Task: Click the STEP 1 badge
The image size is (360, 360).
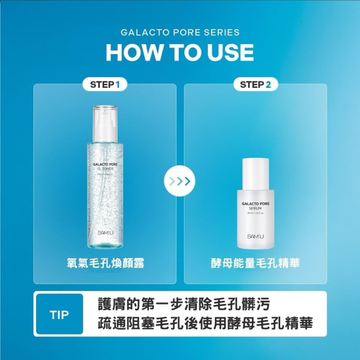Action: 104,85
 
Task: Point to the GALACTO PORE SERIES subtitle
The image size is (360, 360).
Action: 180,32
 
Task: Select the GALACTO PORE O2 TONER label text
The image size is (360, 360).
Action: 105,166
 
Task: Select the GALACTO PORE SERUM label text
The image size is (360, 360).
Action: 255,206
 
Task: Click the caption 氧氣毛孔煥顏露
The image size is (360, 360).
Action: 105,264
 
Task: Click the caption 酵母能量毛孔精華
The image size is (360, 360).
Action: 255,264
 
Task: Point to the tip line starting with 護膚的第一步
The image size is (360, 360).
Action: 184,305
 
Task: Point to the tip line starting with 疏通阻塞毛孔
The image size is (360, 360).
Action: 205,323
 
